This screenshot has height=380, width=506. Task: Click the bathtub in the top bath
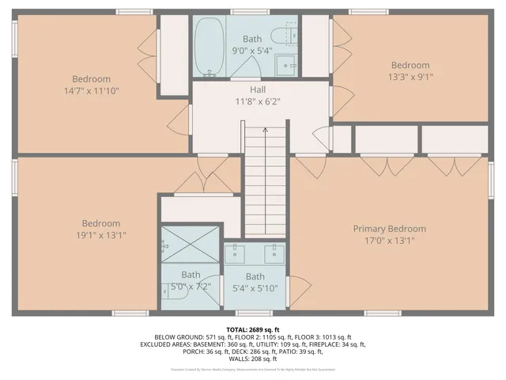tap(210, 46)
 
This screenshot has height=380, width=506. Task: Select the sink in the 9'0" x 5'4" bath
tap(289, 65)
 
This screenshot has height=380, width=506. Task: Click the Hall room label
tap(259, 90)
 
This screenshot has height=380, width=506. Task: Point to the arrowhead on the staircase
tap(264, 130)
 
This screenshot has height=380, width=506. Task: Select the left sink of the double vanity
tap(237, 253)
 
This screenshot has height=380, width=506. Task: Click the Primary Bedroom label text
tap(389, 229)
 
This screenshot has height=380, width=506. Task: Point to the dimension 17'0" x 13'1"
tap(389, 241)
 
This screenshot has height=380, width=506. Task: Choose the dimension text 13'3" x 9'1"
tap(410, 77)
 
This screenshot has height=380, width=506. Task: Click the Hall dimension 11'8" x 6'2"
tap(259, 102)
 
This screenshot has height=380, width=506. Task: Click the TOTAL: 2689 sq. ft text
tap(253, 329)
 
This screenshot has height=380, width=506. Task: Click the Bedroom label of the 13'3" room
tap(410, 65)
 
